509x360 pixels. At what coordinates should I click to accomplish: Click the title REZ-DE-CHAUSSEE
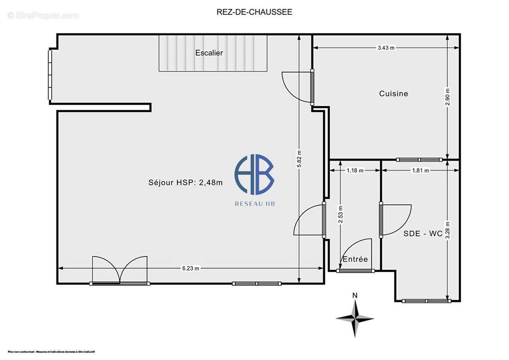(x=254, y=12)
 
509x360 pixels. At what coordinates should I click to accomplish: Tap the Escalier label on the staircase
(x=209, y=53)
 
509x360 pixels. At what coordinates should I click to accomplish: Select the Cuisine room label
(x=393, y=94)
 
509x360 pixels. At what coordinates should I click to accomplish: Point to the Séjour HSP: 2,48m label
(x=185, y=182)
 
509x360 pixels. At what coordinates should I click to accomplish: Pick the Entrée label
(x=355, y=259)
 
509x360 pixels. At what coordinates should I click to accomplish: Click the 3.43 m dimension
(x=386, y=48)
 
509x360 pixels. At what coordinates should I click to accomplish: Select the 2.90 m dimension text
(x=447, y=97)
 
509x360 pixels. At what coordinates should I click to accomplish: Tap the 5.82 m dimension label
(x=299, y=158)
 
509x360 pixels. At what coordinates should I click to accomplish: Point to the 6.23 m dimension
(x=190, y=268)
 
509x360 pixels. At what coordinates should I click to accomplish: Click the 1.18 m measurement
(x=355, y=171)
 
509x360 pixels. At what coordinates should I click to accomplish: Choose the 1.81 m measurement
(x=420, y=171)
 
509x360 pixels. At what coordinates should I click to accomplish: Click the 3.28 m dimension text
(x=447, y=229)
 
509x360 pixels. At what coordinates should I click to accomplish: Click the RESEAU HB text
(x=255, y=203)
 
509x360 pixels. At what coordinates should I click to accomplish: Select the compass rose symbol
(x=355, y=318)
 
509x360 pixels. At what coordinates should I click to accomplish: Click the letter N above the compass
(x=355, y=295)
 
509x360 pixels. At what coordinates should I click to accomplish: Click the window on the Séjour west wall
(x=50, y=75)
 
